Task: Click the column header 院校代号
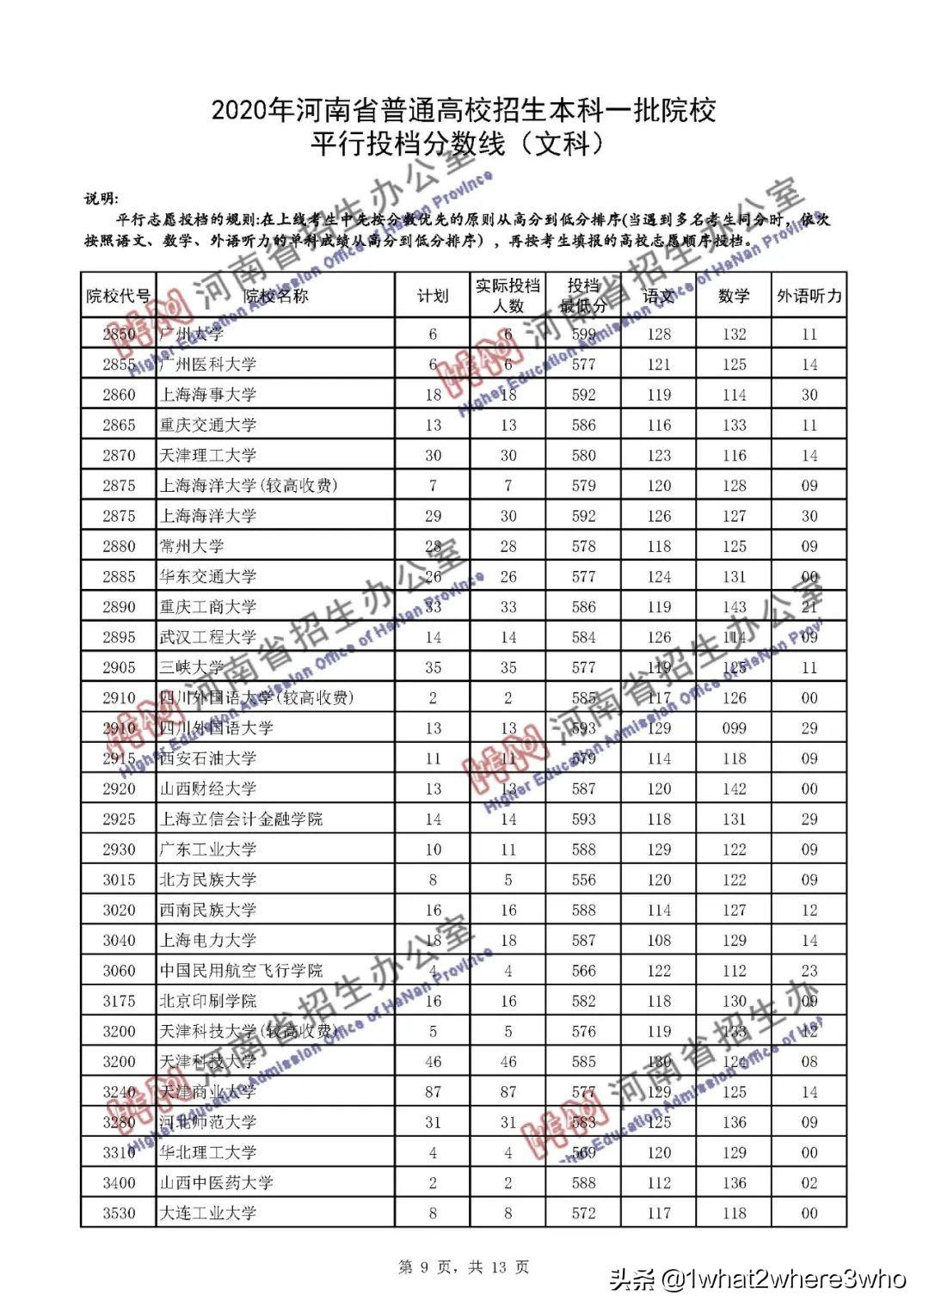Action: [119, 297]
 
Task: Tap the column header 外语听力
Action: [809, 297]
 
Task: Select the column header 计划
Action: [433, 297]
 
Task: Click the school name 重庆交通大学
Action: [208, 425]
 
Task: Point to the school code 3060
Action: [119, 971]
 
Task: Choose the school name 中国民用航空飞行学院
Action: [241, 971]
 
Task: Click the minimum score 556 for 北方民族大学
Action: [583, 880]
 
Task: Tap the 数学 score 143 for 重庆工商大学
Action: [734, 607]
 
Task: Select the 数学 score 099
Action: [734, 728]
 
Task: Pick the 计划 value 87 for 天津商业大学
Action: [433, 1092]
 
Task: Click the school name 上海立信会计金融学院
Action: [241, 819]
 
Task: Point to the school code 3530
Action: [119, 1213]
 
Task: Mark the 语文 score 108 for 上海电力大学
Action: [659, 941]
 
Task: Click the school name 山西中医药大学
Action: [216, 1183]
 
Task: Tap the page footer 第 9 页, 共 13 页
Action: [464, 1267]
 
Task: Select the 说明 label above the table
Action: [102, 199]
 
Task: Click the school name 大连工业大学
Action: [208, 1213]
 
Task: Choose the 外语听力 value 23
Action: [809, 971]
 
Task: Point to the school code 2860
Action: [119, 395]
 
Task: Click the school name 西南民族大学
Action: [208, 910]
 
